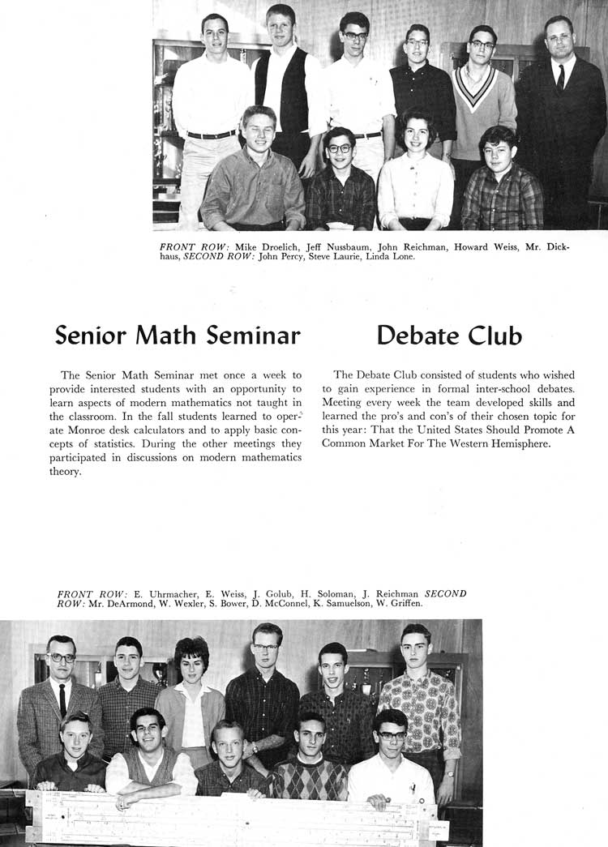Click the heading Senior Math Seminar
[178, 336]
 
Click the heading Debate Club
[449, 336]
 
